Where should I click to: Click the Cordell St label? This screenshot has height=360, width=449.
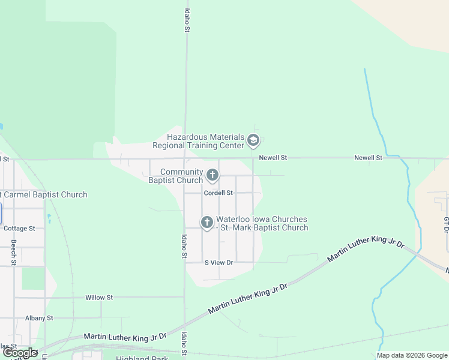(218, 193)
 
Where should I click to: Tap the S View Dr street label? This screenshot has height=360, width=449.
(218, 263)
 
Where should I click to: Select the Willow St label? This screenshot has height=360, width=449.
(99, 298)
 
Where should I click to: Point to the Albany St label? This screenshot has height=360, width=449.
(39, 318)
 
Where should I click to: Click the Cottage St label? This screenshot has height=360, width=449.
(19, 229)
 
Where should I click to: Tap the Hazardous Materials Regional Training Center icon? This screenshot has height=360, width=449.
(253, 142)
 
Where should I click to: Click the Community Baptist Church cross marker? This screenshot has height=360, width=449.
(212, 175)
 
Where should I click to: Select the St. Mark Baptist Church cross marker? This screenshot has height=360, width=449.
(206, 223)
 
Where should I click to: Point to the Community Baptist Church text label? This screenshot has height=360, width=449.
(175, 176)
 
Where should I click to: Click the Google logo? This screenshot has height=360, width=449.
(20, 353)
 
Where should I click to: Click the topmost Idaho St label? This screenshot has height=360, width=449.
(187, 20)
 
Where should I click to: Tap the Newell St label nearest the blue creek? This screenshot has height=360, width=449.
(368, 158)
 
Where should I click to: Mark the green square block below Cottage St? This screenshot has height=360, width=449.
(33, 278)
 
